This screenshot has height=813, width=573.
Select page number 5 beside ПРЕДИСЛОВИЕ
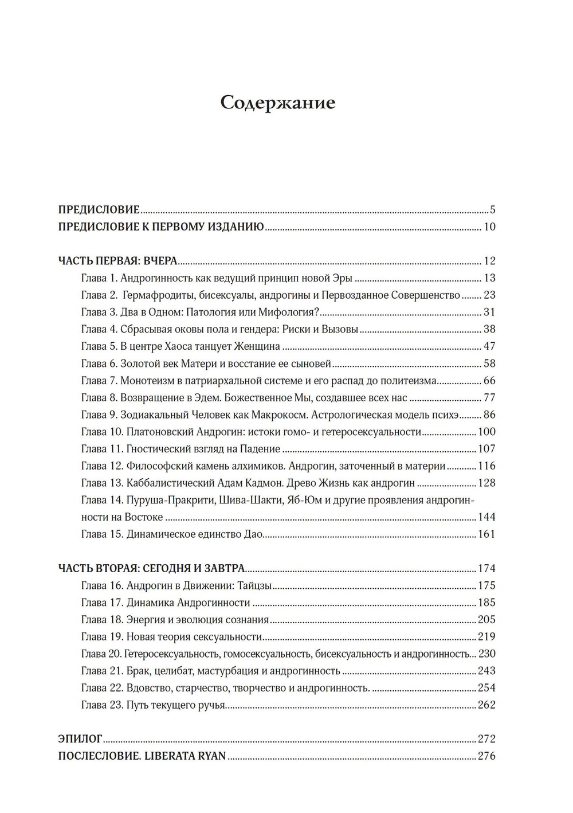492,210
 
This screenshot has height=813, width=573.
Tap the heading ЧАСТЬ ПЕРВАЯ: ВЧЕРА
117,261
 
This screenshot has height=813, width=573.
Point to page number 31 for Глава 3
489,312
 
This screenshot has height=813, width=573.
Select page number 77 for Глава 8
489,398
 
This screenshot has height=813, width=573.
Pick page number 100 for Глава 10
486,432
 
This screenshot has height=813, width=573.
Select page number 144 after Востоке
486,517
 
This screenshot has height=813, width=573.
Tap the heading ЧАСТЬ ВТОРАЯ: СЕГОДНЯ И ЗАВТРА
152,569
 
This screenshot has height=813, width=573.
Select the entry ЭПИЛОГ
80,739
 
